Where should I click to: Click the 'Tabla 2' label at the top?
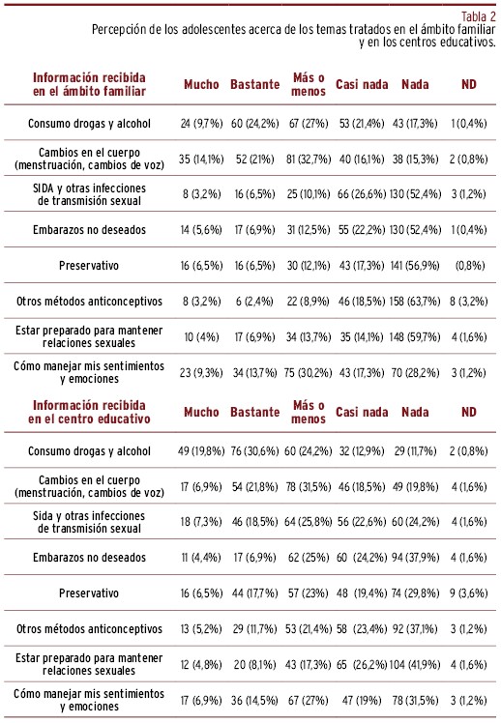click(x=479, y=16)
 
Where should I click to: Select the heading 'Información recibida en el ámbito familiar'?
click(x=89, y=84)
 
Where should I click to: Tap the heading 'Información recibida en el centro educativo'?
click(x=89, y=412)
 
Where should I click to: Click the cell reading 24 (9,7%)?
click(x=201, y=124)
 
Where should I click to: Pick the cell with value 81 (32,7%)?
click(x=309, y=159)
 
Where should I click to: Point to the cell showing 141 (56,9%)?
click(x=415, y=266)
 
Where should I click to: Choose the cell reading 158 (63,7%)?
click(x=415, y=302)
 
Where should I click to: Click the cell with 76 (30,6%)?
click(x=255, y=451)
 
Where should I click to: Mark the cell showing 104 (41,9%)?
click(x=415, y=665)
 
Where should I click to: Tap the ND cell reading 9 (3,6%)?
click(x=469, y=593)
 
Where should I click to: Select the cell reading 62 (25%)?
click(x=309, y=558)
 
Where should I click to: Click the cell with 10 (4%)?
click(x=201, y=337)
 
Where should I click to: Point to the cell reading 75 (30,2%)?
click(x=309, y=372)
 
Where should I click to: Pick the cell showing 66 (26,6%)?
click(x=362, y=194)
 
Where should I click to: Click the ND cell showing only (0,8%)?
click(x=470, y=266)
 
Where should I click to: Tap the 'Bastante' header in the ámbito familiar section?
click(x=255, y=84)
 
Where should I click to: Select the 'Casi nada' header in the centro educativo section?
click(x=362, y=412)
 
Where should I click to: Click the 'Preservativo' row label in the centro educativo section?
click(x=89, y=593)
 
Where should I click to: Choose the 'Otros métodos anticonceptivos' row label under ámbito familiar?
click(x=90, y=302)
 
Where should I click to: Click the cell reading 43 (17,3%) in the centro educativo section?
click(x=309, y=665)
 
